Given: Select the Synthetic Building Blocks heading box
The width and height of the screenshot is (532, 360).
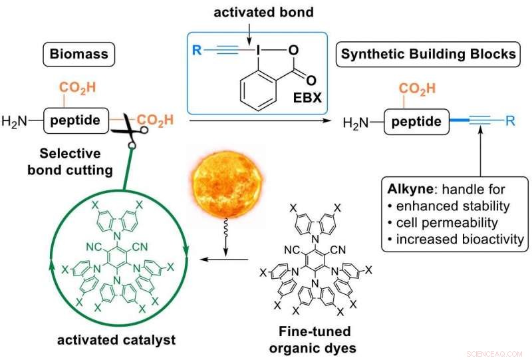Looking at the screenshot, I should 428,54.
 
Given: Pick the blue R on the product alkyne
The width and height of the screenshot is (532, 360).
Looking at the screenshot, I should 509,121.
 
